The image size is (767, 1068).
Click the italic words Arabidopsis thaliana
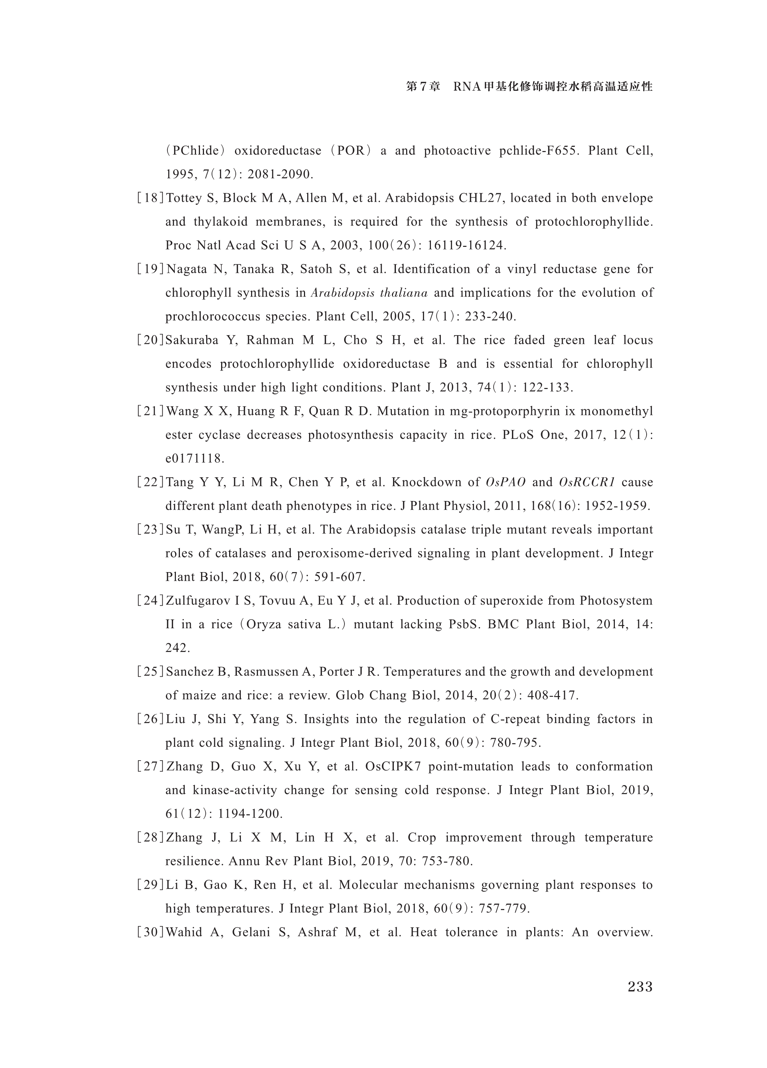(369, 293)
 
